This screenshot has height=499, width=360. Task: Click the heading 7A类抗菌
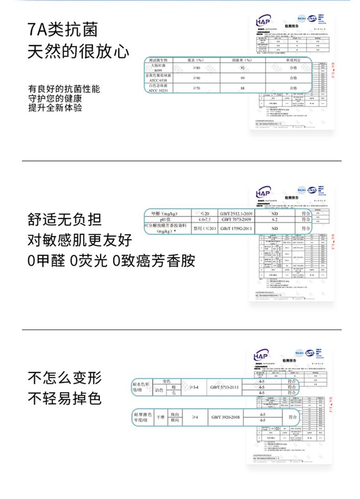pyautogui.click(x=62, y=30)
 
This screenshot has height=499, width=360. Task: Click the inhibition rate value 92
pyautogui.click(x=242, y=68)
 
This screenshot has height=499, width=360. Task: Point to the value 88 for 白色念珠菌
pyautogui.click(x=242, y=88)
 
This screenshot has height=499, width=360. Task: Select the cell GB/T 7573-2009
pyautogui.click(x=236, y=219)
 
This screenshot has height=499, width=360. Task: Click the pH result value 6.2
pyautogui.click(x=275, y=219)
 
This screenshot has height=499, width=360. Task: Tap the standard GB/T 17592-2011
pyautogui.click(x=236, y=229)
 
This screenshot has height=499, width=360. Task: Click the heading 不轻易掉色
pyautogui.click(x=64, y=399)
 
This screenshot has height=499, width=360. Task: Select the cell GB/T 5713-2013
pyautogui.click(x=225, y=387)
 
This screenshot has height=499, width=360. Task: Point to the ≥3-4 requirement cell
pyautogui.click(x=195, y=387)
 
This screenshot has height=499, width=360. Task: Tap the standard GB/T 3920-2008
pyautogui.click(x=225, y=417)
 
